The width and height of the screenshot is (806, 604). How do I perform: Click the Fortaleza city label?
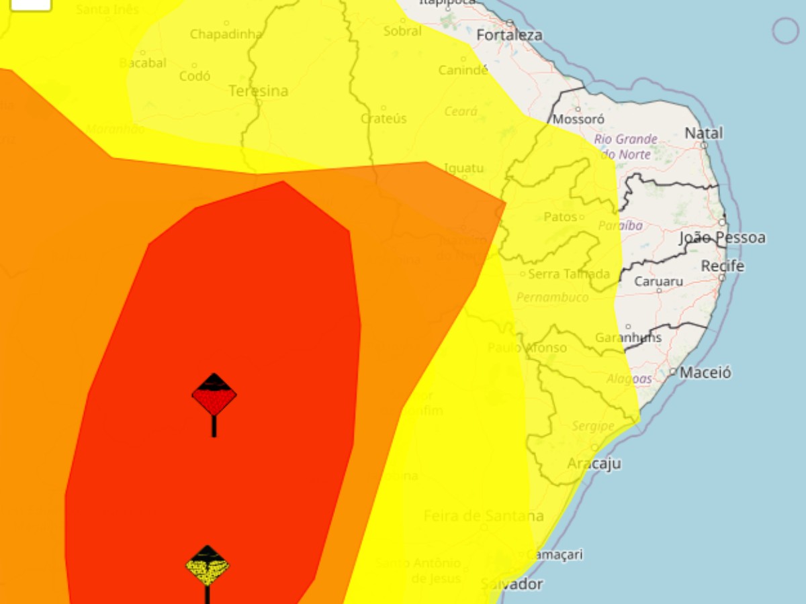click(x=509, y=34)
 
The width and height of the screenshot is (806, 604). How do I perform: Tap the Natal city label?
click(x=704, y=133)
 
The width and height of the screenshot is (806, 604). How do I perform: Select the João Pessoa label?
click(x=722, y=238)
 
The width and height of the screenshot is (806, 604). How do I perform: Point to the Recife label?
click(x=723, y=266)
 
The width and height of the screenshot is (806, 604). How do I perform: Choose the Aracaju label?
click(x=594, y=464)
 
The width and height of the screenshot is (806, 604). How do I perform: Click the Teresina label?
click(x=259, y=91)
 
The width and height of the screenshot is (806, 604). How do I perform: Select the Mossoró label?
click(x=578, y=119)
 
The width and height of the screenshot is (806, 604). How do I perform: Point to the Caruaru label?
click(x=659, y=281)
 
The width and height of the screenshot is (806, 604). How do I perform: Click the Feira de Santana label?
click(x=484, y=516)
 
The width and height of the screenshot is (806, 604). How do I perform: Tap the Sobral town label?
click(x=402, y=31)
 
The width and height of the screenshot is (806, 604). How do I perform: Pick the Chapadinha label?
click(x=226, y=34)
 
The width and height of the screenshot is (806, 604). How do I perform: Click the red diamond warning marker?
click(x=214, y=395)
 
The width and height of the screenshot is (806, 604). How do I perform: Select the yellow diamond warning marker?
click(x=208, y=566)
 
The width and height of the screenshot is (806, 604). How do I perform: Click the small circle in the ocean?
click(x=785, y=30)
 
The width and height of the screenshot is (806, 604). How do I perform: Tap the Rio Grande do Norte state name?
click(x=625, y=146)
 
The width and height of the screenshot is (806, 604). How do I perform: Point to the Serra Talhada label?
click(x=569, y=274)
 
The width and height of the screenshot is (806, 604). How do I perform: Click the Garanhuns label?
click(x=629, y=338)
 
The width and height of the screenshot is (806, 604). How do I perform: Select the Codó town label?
click(x=195, y=76)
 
